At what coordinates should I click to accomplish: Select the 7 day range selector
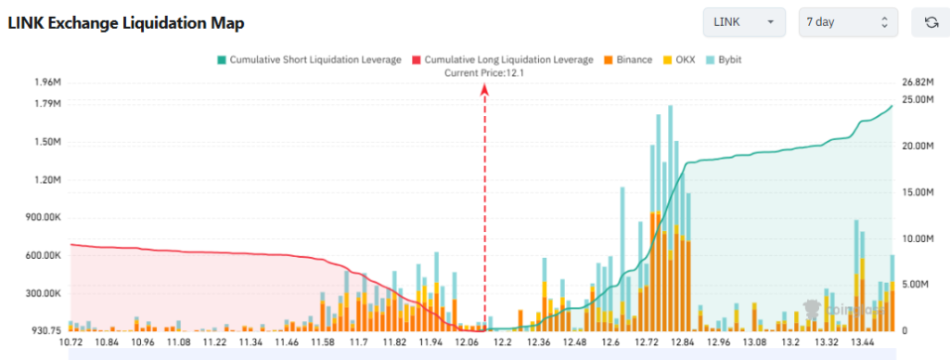pos(848,22)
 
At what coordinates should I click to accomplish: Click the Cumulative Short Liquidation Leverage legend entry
pos(310,60)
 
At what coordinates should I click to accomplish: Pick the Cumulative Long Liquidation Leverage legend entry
pos(502,60)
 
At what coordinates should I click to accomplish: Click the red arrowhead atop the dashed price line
pos(484,88)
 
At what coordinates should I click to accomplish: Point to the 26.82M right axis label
pos(918,82)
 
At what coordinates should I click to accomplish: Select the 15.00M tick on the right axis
pos(918,192)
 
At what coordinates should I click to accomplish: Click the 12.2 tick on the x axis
pos(504,342)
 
